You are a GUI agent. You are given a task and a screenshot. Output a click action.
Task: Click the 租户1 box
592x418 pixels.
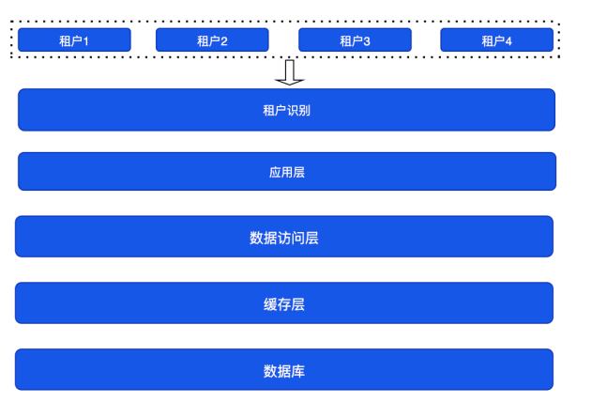coord(74,39)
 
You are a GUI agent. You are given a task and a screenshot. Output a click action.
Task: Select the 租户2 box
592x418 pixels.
coord(212,39)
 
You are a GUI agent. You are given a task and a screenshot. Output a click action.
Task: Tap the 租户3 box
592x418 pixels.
coord(355,39)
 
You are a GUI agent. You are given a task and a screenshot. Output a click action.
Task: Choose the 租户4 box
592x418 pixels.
coord(497,39)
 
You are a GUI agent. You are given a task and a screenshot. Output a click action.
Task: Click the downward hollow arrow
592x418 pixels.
coord(290,72)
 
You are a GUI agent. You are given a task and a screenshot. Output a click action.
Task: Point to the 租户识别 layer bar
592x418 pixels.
coord(286,110)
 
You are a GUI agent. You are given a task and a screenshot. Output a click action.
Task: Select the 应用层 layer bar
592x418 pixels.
coord(287,172)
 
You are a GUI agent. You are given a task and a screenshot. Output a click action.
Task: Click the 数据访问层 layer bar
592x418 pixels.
coord(284,237)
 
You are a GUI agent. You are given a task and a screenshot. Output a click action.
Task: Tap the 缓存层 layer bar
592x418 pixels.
coord(284,303)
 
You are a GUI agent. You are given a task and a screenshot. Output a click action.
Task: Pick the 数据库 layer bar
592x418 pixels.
coord(284,369)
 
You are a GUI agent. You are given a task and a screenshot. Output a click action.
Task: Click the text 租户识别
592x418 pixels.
coord(286,110)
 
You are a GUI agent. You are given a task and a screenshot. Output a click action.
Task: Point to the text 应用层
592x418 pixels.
coord(287,172)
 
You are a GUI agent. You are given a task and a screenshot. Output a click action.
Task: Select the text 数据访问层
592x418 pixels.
coord(284,238)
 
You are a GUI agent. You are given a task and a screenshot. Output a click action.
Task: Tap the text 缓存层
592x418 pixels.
coord(284,304)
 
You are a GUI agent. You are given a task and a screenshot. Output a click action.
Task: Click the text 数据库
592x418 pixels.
coord(284,371)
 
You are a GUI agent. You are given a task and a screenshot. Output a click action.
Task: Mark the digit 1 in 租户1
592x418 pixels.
coord(85,41)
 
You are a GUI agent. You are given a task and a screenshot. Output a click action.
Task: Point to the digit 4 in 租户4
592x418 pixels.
coord(509,41)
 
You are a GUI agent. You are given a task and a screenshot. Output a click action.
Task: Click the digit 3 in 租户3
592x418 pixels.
coord(366,41)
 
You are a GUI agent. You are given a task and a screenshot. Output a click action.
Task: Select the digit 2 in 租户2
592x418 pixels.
coord(224,41)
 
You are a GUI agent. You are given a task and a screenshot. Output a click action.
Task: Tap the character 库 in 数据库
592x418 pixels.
coord(298,371)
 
